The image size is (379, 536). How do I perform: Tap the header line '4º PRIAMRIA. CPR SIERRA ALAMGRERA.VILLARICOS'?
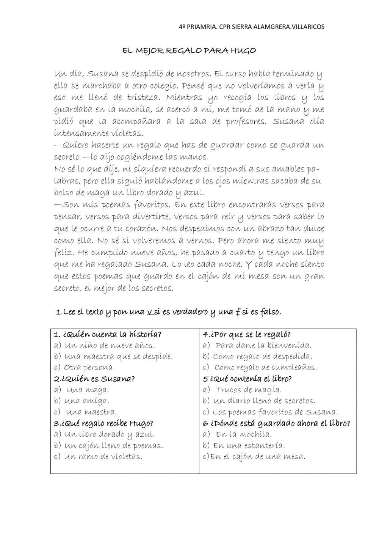coord(252,27)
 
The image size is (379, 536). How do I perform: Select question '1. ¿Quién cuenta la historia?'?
coord(108,335)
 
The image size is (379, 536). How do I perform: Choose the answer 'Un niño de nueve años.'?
coord(110,346)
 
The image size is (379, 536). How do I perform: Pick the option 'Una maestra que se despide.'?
coord(118,357)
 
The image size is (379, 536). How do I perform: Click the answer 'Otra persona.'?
coord(89,368)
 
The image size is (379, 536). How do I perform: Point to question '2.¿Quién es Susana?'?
coord(94,379)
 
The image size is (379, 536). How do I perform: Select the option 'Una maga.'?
coord(88,390)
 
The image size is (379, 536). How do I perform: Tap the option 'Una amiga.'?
coord(87,401)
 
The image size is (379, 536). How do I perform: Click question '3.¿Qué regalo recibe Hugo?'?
coord(103,423)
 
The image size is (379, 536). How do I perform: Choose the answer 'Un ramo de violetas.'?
coord(103,457)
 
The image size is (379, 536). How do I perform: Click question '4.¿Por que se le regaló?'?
coord(247,335)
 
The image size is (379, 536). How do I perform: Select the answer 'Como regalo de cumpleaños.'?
coord(265,368)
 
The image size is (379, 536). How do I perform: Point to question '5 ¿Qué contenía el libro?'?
coord(247,379)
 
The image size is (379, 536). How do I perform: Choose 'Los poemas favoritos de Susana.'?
coord(275,412)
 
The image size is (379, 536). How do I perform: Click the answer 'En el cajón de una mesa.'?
coord(258,457)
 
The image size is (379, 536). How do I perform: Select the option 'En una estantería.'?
coord(249,446)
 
